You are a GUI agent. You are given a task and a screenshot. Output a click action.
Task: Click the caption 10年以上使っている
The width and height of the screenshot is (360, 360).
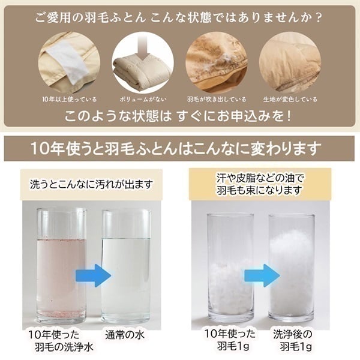point(70,100)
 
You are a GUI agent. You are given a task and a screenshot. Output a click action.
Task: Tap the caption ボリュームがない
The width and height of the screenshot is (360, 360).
point(143,100)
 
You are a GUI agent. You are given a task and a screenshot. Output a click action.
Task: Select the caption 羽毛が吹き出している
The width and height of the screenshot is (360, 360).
point(216,100)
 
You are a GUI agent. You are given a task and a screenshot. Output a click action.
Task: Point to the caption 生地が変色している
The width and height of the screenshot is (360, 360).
point(290,100)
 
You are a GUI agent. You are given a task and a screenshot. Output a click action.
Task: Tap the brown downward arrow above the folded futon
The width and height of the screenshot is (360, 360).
point(143,48)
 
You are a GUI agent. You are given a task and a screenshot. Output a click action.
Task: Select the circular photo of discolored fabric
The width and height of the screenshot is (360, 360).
point(290,62)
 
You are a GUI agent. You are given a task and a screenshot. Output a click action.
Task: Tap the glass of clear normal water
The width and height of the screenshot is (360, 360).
point(126,266)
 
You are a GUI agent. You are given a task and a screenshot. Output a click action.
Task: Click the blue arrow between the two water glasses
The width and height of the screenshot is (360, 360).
point(94,275)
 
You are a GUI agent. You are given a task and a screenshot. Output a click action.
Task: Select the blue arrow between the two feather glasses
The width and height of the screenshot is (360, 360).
point(262,275)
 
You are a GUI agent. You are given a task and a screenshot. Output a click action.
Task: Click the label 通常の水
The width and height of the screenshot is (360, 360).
point(125,335)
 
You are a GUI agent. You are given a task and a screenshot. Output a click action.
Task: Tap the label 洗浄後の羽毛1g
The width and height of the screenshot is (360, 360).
point(293,340)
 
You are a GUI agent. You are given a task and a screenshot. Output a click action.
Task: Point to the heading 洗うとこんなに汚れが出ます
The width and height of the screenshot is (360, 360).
point(91,184)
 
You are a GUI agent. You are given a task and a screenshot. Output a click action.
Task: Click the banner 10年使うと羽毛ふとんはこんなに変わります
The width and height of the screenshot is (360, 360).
point(176,149)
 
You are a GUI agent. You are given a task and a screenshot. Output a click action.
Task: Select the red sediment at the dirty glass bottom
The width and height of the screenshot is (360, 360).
point(62,313)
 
